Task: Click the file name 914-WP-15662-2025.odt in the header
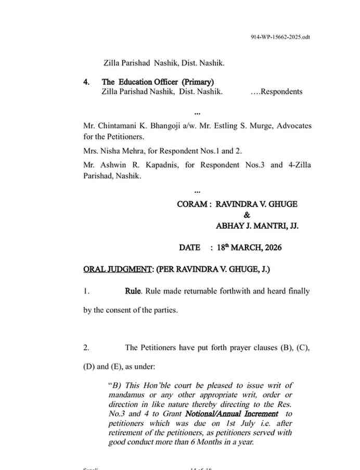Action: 281,38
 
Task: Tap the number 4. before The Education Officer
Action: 86,82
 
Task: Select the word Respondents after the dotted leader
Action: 281,92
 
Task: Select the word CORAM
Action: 192,204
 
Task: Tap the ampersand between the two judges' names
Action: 247,215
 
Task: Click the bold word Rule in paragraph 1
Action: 133,291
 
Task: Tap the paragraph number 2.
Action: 86,348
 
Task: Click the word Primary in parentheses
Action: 198,82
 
